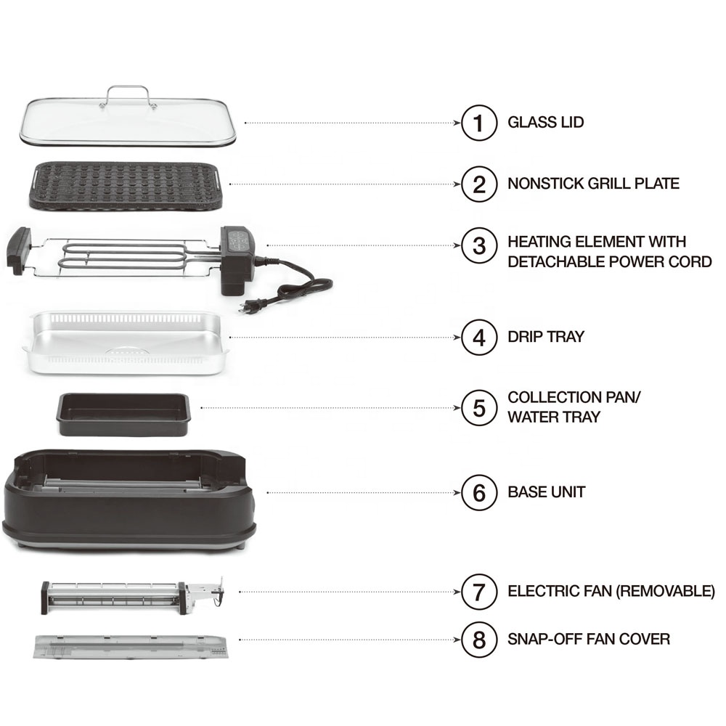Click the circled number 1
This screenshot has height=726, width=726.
coord(479,123)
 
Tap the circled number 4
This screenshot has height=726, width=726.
coord(479,338)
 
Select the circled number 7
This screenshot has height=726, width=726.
coord(479,592)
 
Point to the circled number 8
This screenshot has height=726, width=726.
coord(479,640)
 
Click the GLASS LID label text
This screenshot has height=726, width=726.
coord(545,123)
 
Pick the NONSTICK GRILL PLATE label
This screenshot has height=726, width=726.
coord(593,184)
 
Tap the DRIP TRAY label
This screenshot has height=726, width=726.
coord(545,338)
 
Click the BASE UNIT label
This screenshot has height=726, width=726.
coord(546,492)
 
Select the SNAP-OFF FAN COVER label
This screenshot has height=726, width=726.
coord(589,640)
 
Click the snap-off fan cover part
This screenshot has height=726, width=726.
coord(131,645)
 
